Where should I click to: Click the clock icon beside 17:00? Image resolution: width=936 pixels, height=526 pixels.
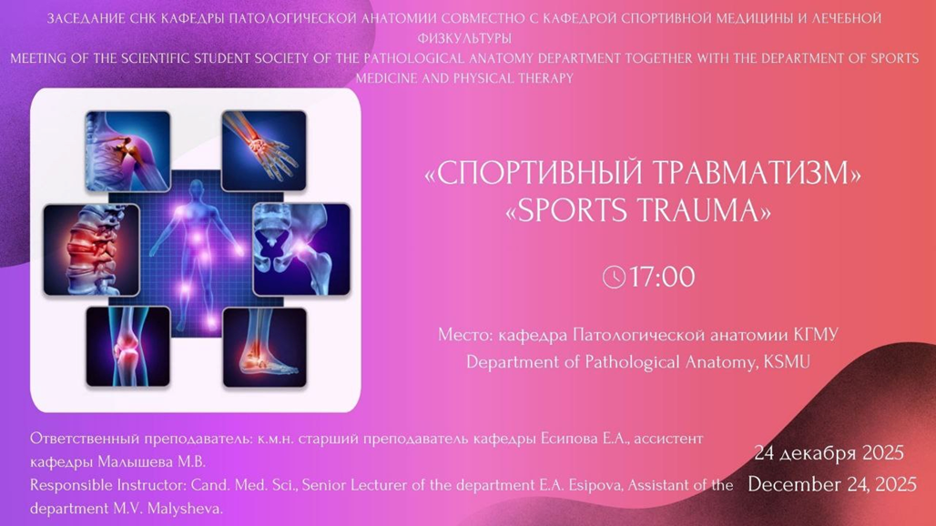point(614,278)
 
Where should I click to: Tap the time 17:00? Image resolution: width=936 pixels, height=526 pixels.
point(662,278)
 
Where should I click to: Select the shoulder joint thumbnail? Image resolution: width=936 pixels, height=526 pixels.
point(127,151)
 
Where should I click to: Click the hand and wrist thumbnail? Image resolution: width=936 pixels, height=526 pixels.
point(264,151)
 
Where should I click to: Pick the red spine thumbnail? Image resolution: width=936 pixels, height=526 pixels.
point(91,250)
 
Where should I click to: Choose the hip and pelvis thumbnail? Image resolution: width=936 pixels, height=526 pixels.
point(301,249)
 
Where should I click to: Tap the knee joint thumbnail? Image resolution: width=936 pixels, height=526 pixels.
point(127,347)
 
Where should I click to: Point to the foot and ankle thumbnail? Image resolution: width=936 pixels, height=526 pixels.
point(264,348)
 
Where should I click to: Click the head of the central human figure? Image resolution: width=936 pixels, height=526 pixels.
point(195,189)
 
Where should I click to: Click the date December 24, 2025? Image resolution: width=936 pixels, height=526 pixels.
point(831,483)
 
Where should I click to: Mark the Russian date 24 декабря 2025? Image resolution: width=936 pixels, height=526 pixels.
point(829,453)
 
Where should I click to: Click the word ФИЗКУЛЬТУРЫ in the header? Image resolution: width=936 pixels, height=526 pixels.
point(464,38)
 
